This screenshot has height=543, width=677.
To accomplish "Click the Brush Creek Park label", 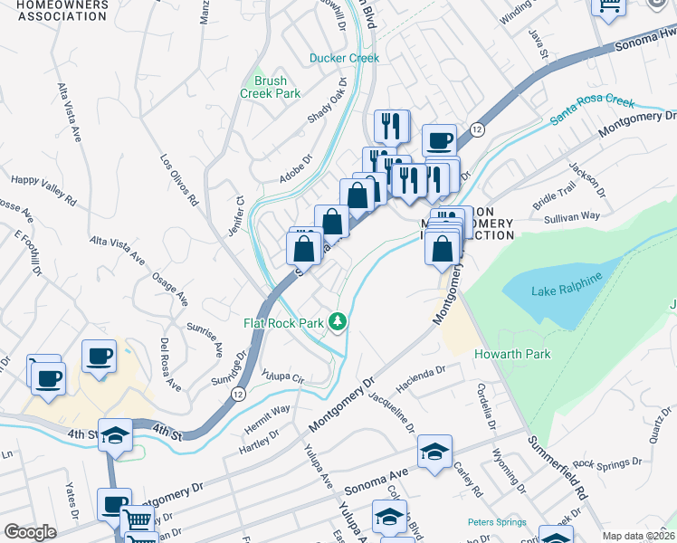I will coord(270,87).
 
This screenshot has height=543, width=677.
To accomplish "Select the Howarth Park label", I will coord(512,354).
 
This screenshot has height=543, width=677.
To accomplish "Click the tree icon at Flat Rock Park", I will coord(338,321).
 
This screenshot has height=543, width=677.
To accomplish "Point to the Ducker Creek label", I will coord(344,58).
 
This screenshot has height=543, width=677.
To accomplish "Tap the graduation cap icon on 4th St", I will coord(116,434).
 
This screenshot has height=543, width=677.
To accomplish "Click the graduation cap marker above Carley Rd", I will coord(434,451).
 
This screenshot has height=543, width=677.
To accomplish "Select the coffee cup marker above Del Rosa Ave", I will coord(99,356).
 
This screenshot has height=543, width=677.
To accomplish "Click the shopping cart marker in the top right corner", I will coord(609,5).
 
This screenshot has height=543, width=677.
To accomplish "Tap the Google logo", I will coord(30,532).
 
